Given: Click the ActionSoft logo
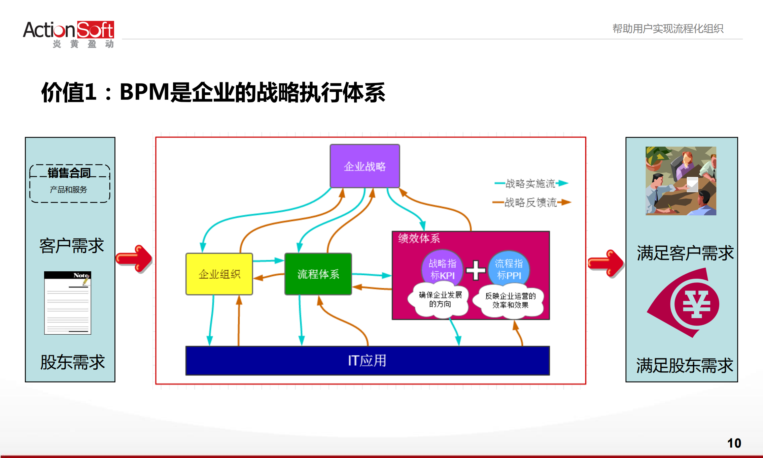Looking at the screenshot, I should (68, 34).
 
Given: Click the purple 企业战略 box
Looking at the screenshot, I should (365, 166).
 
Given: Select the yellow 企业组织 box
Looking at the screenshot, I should (219, 274).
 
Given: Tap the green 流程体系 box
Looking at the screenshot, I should (318, 274).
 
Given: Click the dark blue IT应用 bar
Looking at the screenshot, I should (367, 361).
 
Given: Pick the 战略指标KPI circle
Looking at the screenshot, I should (442, 269).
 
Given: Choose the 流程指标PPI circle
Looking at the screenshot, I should (509, 269).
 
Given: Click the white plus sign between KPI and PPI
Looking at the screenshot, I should (476, 270).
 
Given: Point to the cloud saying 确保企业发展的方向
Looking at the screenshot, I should (440, 300).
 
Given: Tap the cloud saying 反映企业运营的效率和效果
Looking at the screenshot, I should (510, 301).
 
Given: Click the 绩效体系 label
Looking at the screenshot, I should (419, 239).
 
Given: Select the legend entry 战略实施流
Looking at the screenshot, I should (530, 184).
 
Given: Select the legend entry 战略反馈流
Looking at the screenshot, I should (531, 203).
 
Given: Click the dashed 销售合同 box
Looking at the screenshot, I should (70, 183).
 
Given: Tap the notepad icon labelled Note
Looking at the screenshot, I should (68, 303).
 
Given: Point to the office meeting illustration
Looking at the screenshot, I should (681, 181).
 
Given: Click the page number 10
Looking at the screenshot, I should (734, 443).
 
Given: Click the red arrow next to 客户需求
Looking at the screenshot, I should (135, 258).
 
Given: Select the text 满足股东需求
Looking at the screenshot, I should (684, 365).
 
